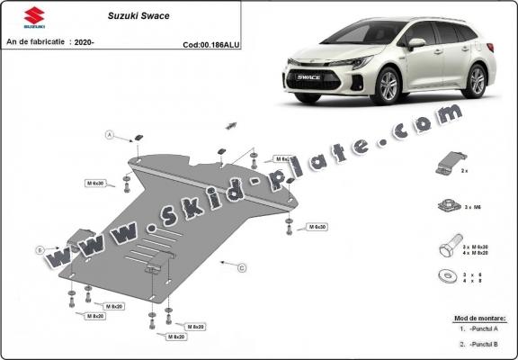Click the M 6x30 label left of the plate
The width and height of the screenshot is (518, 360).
pyautogui.click(x=95, y=183)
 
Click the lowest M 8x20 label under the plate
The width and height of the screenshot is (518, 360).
pyautogui.click(x=175, y=337)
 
